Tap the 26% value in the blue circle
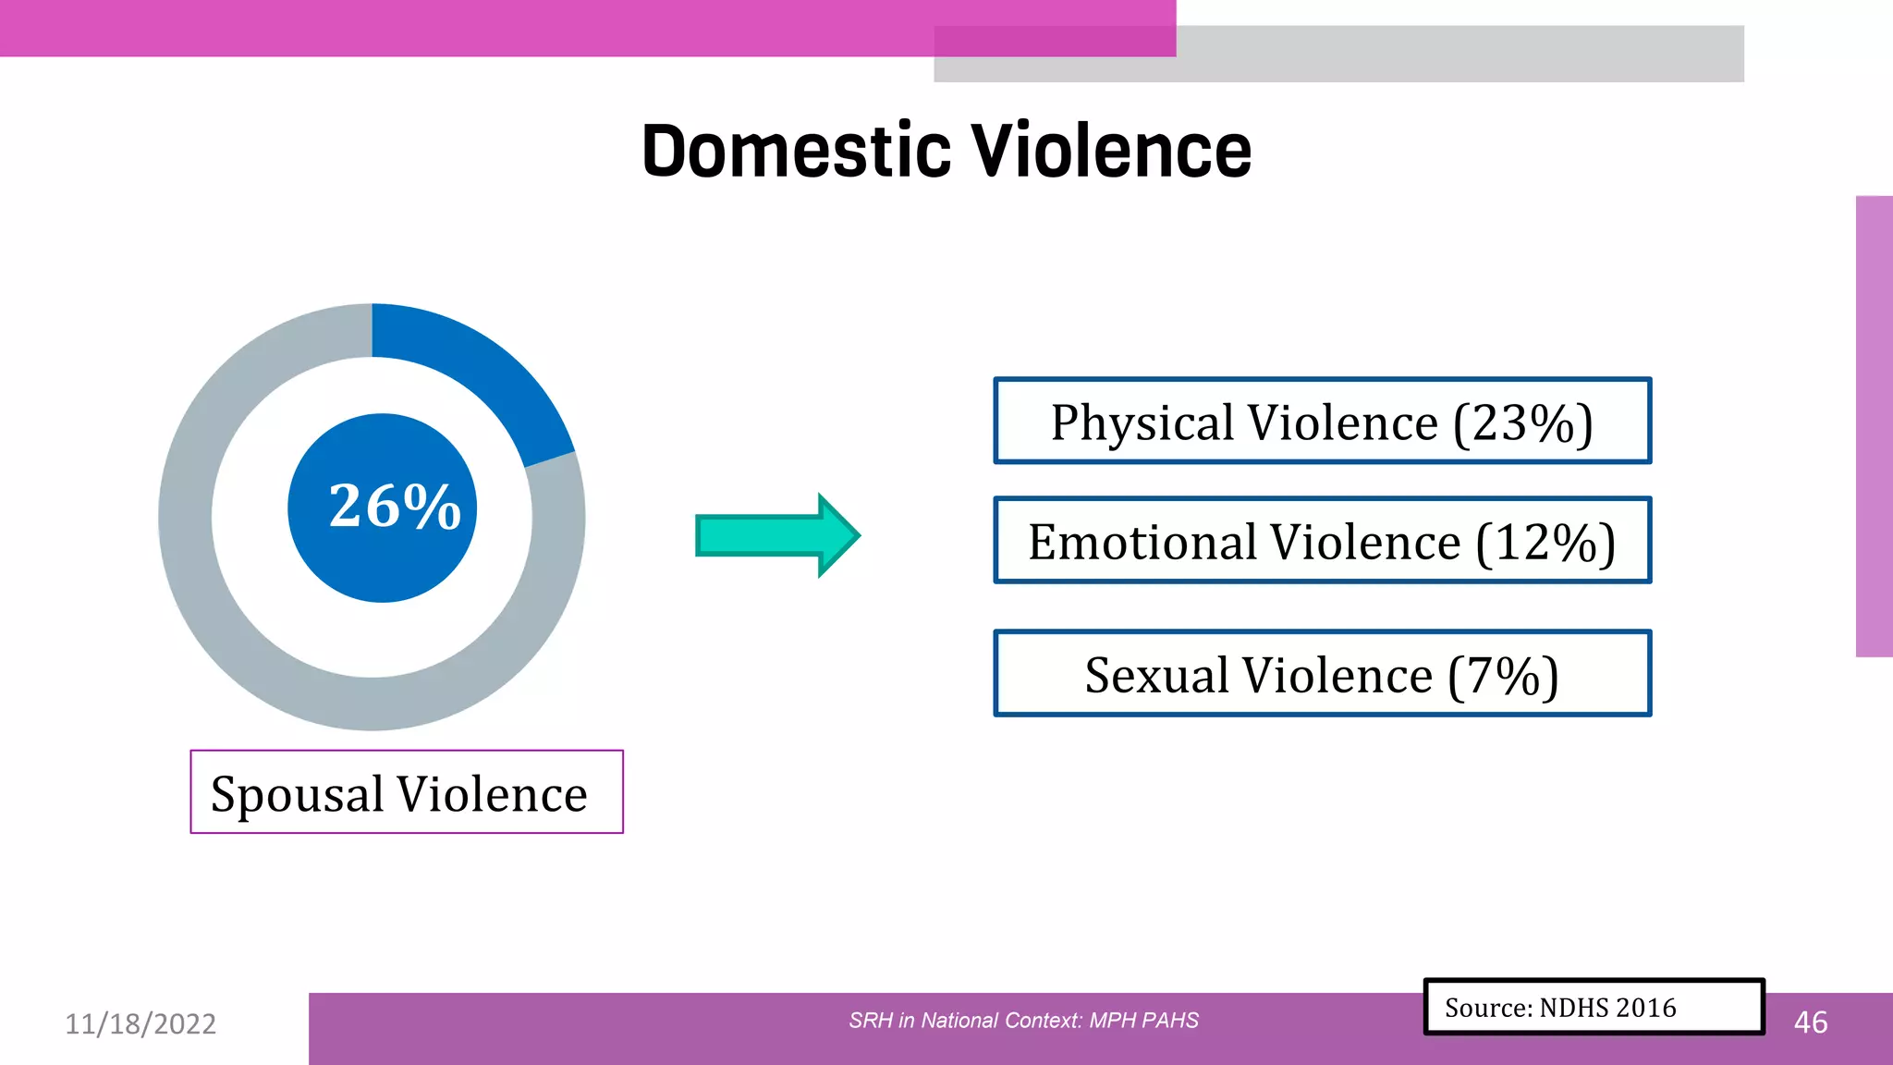(395, 507)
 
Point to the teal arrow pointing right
(777, 535)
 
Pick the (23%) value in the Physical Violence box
(1522, 423)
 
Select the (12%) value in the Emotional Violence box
(1545, 543)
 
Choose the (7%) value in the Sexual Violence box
(1503, 676)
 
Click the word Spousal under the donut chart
(297, 794)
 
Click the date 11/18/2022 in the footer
(140, 1023)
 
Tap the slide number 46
(1810, 1022)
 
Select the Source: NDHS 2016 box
(1593, 1007)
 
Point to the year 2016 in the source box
(1646, 1008)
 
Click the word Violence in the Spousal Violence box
(492, 794)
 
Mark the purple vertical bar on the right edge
(1874, 426)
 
